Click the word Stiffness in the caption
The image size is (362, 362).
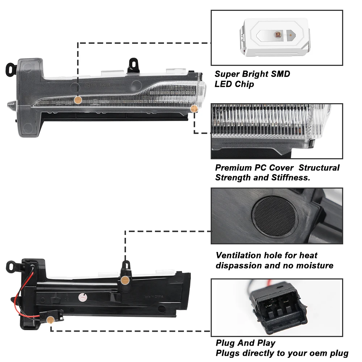tap(290, 178)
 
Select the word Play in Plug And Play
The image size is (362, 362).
tap(266, 343)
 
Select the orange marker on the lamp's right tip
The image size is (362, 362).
tap(194, 108)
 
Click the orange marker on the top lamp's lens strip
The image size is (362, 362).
tap(77, 100)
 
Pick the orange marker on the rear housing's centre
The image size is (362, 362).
tap(125, 279)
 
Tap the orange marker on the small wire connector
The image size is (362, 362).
tap(51, 320)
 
